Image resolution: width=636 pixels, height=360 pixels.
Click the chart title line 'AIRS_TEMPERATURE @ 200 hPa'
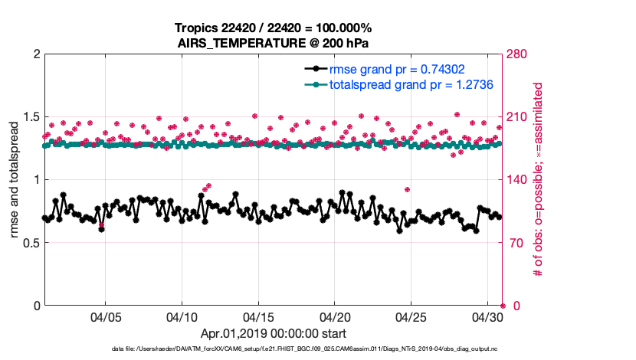[274, 43]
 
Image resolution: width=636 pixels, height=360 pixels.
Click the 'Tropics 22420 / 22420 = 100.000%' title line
[274, 28]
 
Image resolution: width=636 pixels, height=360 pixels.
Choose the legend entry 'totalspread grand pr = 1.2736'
[411, 84]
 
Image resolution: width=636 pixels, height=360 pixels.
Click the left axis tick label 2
[35, 54]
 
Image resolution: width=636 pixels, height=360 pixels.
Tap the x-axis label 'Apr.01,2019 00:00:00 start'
[274, 333]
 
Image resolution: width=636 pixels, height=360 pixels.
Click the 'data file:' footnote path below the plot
[304, 349]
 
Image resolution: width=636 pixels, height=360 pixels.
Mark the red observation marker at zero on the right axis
[503, 306]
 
